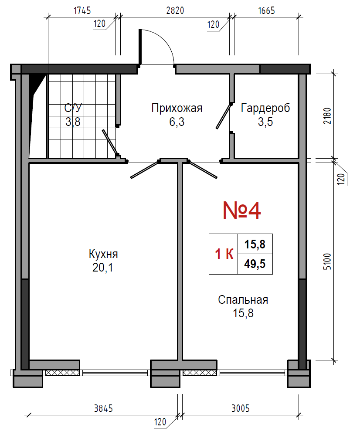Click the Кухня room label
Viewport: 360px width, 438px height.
pos(103,254)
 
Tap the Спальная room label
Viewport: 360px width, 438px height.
pos(243,300)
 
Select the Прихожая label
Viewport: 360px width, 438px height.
pos(177,108)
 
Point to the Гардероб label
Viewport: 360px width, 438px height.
pos(265,108)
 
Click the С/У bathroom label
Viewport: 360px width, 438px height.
pos(73,108)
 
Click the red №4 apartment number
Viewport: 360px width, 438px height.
pos(242,211)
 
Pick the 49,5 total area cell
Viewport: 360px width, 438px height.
pos(255,264)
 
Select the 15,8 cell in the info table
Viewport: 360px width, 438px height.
pos(255,244)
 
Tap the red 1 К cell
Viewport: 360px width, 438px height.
pos(224,254)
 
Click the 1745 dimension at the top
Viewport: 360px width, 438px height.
pos(82,10)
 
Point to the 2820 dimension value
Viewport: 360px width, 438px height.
pos(175,10)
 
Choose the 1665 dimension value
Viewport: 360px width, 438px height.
pos(266,10)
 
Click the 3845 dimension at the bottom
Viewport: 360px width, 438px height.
pos(103,408)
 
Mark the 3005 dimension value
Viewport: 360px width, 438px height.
pos(241,408)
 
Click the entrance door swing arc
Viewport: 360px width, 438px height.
pos(164,39)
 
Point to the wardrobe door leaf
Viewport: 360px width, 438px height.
pos(224,116)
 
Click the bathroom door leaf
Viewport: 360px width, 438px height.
pos(110,143)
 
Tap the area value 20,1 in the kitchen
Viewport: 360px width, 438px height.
pos(103,268)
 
